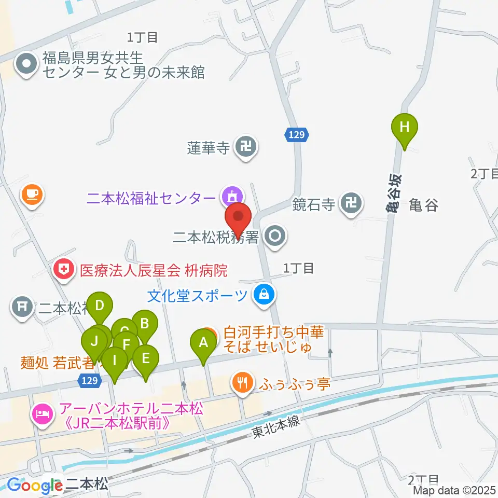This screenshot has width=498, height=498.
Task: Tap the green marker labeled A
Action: pyautogui.click(x=203, y=343)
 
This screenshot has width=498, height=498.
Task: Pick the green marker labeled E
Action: pyautogui.click(x=146, y=359)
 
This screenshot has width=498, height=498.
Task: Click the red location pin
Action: pyautogui.click(x=238, y=218)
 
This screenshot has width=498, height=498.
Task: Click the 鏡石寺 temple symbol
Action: pyautogui.click(x=352, y=203)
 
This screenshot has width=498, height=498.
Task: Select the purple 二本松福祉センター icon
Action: pyautogui.click(x=230, y=197)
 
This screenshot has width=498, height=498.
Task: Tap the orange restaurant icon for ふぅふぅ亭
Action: pyautogui.click(x=242, y=384)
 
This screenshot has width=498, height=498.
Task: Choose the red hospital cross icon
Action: pyautogui.click(x=63, y=269)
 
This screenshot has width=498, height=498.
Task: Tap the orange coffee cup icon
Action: pyautogui.click(x=32, y=195)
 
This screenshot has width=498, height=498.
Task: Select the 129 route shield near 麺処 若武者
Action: pyautogui.click(x=89, y=381)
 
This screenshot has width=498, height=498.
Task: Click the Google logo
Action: pyautogui.click(x=35, y=486)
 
